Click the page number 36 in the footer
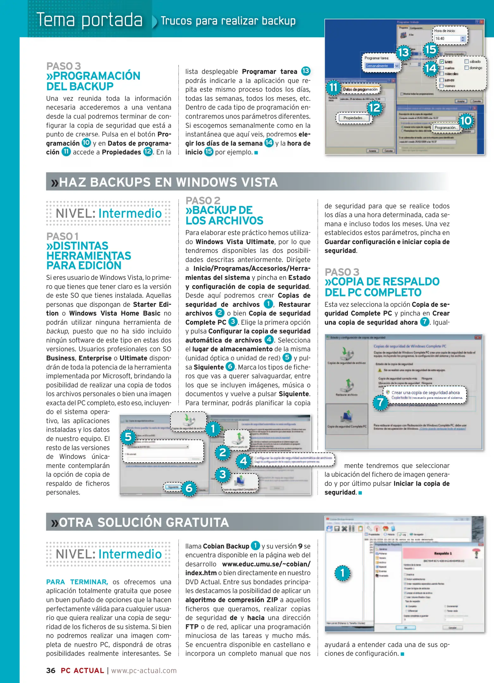pos(51,670)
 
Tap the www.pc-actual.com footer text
pos(144,670)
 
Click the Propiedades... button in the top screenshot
pos(354,118)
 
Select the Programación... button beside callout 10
pos(445,127)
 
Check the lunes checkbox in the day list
pos(442,62)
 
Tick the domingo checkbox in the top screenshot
pos(466,68)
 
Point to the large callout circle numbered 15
pos(430,50)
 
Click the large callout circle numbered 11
pos(333,88)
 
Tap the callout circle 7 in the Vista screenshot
pos(380,403)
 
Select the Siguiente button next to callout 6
pos(173,487)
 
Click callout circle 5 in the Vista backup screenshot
pos(128,437)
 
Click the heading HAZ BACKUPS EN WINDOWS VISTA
pos(168,182)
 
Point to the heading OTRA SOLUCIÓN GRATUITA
pos(144,522)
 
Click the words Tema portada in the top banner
pos(90,20)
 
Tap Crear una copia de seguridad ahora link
pos(425,392)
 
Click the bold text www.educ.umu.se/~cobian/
pos(266,564)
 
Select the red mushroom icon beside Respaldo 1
pos(475,553)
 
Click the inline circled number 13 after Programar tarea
pos(306,71)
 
